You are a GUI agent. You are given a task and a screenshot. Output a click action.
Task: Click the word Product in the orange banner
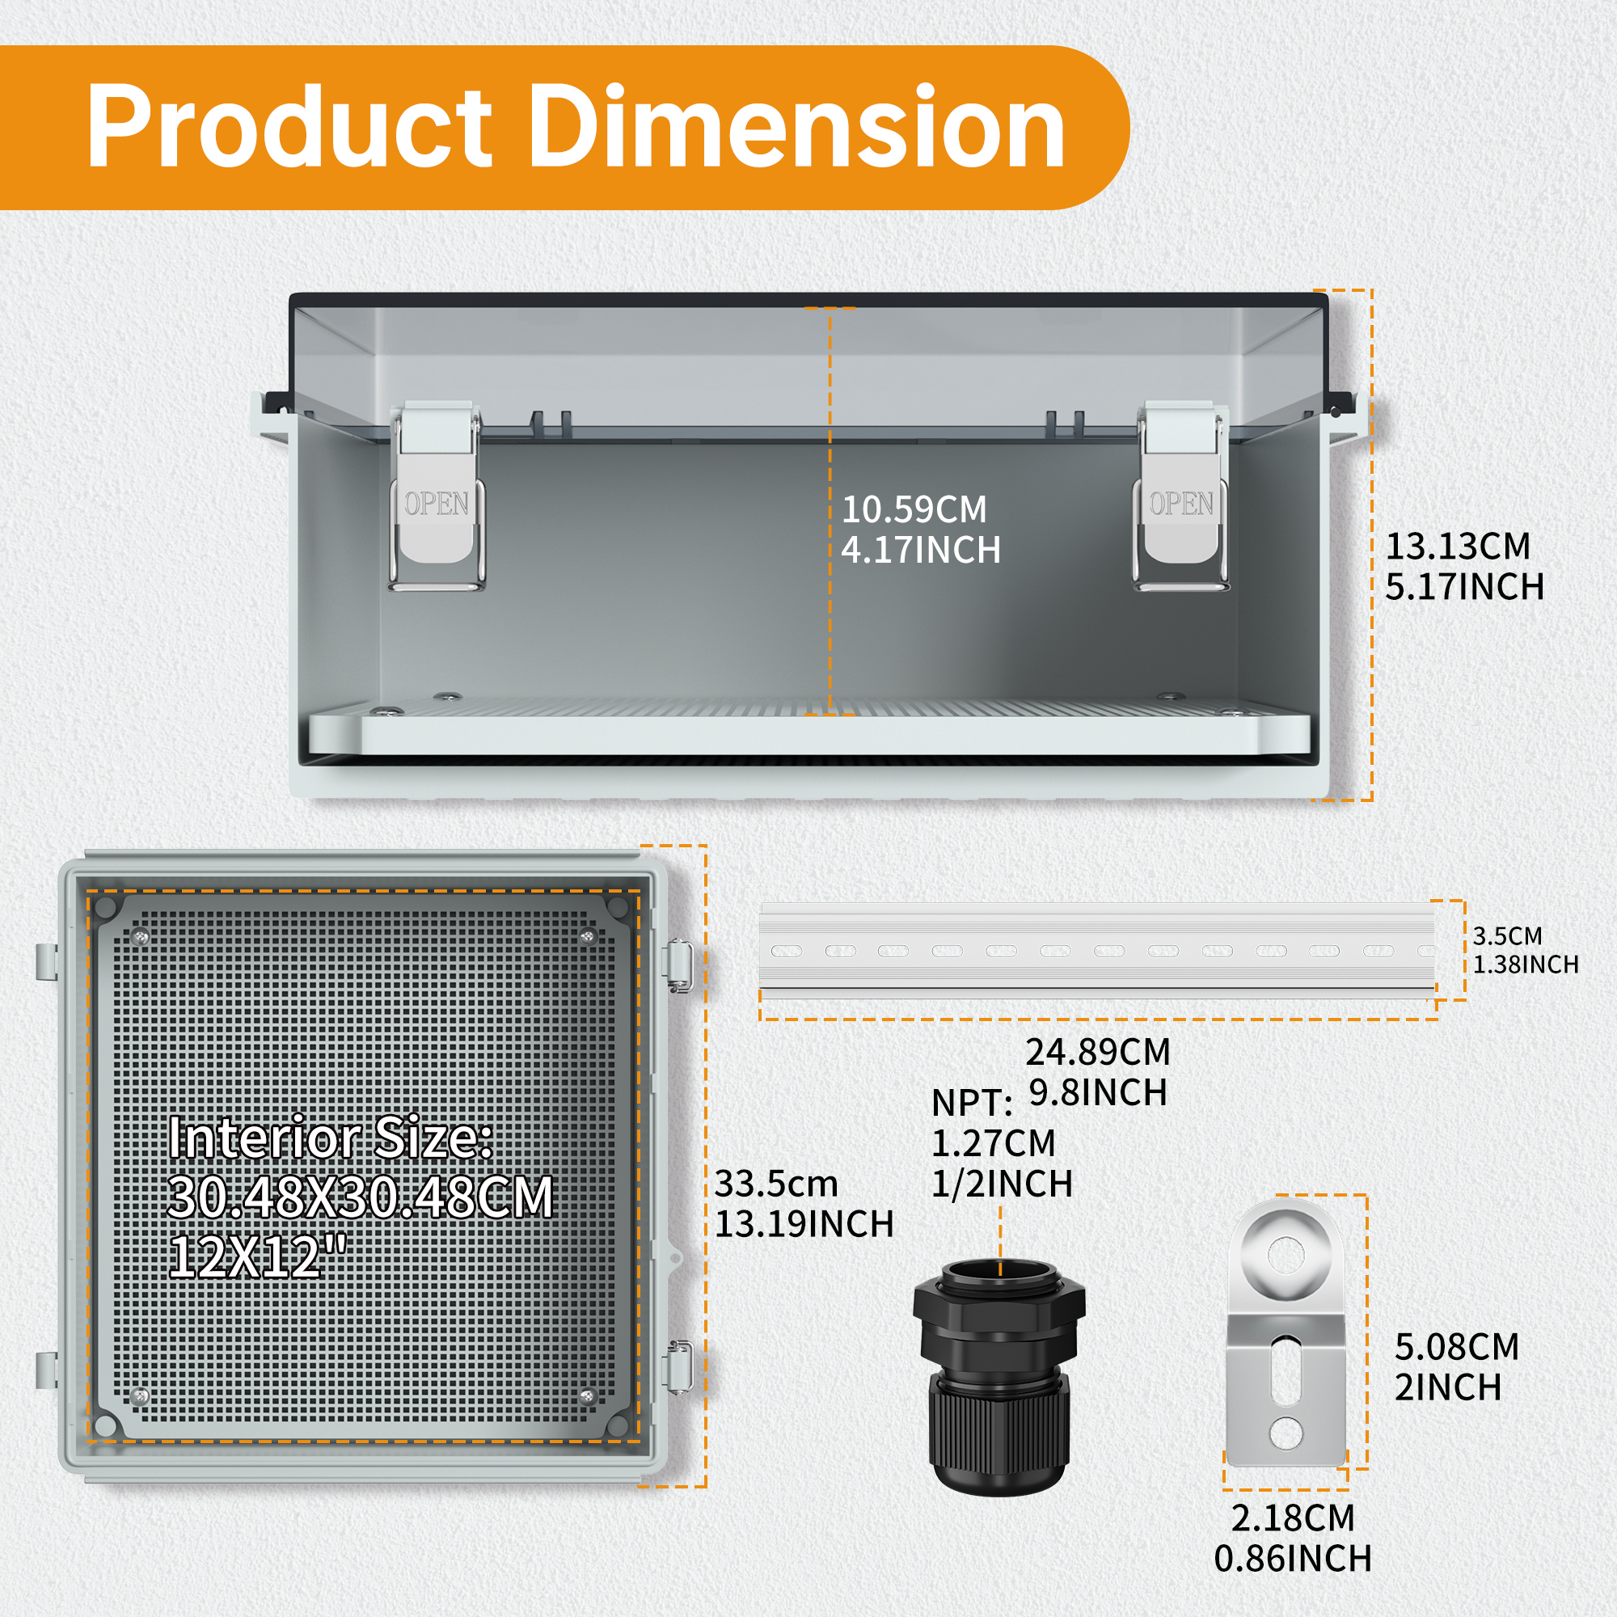[289, 127]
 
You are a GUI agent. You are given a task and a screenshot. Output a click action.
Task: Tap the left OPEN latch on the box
[436, 496]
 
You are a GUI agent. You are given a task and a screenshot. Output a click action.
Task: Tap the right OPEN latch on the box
[1181, 496]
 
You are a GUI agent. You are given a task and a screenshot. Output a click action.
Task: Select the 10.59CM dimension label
[914, 509]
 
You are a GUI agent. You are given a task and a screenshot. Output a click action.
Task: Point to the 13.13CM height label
[1457, 547]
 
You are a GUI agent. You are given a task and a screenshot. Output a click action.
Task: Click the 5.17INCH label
[1465, 587]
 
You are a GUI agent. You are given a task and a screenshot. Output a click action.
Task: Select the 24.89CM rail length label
[1098, 1052]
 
